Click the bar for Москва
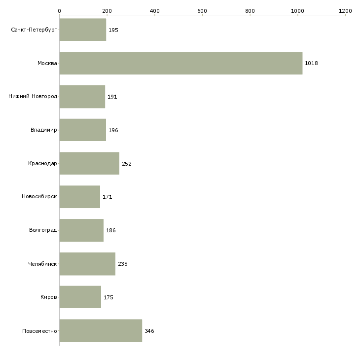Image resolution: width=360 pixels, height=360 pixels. tap(181, 63)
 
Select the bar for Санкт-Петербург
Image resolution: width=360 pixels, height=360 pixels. tap(83, 30)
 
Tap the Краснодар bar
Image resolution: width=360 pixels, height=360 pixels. tap(89, 163)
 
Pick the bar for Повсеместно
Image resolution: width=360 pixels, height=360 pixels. tap(101, 330)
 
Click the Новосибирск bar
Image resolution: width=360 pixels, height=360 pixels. tap(80, 197)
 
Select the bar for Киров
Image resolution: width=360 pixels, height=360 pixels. tap(80, 297)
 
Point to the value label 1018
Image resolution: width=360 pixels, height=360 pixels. tap(311, 63)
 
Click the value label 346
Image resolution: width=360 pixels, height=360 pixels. tap(149, 331)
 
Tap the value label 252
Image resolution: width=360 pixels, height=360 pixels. tap(127, 164)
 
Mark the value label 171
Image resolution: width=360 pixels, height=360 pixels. tap(107, 197)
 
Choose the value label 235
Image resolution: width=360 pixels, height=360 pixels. tap(123, 264)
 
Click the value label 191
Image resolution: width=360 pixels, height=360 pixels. tap(112, 97)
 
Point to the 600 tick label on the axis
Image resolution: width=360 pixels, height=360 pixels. tap(202, 11)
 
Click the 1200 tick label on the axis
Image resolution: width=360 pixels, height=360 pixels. tap(345, 11)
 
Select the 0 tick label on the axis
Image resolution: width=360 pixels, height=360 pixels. tap(60, 11)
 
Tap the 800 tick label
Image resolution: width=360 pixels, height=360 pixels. tap(250, 11)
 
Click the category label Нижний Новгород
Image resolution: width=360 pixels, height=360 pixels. tap(33, 96)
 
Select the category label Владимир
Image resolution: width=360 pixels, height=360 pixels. tap(43, 130)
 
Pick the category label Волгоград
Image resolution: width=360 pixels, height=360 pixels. tap(43, 230)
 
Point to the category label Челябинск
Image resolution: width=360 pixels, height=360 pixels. tap(42, 264)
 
